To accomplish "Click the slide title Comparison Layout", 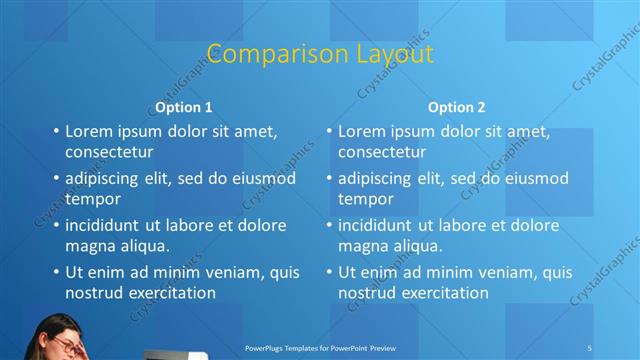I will tap(319, 53).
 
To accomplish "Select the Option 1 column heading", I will tap(183, 107).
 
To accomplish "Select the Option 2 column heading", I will tap(456, 107).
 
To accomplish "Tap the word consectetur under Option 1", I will tap(109, 152).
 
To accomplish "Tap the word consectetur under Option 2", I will tap(382, 152).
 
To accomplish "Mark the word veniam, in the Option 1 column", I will tap(233, 272).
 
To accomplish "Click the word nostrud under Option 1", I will tap(94, 292).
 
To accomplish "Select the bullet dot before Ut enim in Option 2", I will tap(328, 272).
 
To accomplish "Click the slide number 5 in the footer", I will tap(590, 347).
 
